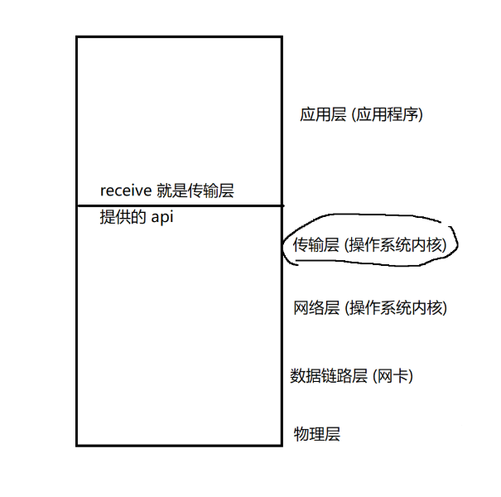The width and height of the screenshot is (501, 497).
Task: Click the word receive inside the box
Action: (126, 191)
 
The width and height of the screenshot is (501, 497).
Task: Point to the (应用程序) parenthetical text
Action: (388, 115)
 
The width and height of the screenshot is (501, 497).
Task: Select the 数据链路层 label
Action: (328, 376)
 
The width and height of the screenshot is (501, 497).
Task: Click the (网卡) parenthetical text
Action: (393, 376)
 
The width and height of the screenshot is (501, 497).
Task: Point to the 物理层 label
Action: (317, 434)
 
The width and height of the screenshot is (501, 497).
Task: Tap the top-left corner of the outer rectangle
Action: (76, 37)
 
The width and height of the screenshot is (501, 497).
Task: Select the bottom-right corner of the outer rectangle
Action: (281, 445)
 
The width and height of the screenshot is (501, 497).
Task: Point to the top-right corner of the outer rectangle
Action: (281, 37)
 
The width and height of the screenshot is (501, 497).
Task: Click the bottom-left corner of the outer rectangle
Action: (76, 445)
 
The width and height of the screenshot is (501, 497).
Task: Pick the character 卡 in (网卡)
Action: (398, 376)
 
